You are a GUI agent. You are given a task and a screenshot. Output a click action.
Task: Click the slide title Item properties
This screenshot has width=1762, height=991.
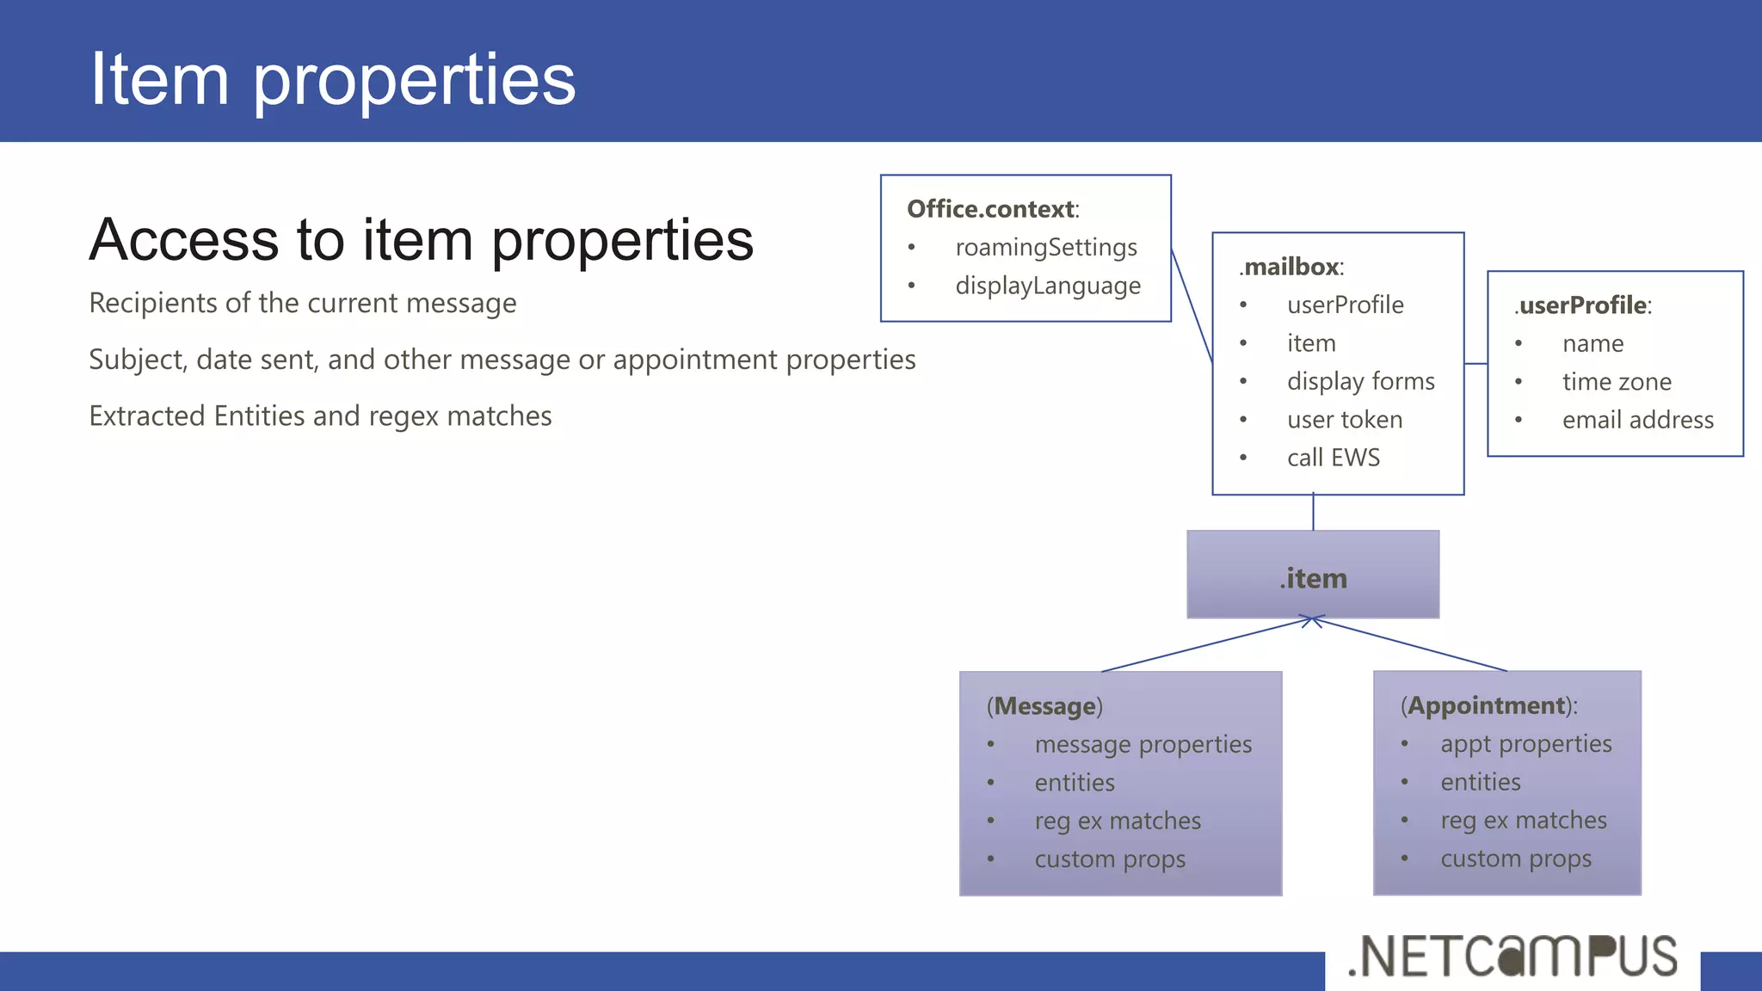(333, 79)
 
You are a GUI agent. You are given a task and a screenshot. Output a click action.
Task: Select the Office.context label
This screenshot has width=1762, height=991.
(992, 209)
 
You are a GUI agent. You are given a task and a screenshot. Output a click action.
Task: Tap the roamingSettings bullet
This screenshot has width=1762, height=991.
(1045, 248)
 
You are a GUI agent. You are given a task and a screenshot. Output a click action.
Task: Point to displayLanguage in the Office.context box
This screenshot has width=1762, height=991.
(1047, 286)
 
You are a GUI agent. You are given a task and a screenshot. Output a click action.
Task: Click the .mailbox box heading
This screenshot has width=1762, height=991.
(1291, 267)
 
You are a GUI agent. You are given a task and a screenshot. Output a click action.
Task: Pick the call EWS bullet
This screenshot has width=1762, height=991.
(1333, 458)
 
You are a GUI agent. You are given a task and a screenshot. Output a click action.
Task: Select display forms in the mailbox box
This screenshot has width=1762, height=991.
(1360, 381)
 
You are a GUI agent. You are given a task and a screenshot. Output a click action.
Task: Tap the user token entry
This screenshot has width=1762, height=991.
(1344, 420)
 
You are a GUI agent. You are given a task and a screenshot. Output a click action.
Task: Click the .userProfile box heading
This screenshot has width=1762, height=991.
(1582, 305)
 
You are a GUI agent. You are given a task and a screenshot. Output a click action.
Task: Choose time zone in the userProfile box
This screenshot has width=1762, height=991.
(1616, 382)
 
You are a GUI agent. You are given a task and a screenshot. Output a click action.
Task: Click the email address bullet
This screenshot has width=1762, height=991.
(1637, 420)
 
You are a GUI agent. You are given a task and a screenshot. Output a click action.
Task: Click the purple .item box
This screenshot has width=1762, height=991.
(1312, 576)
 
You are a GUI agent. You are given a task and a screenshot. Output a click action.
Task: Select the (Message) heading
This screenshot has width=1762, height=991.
(1044, 706)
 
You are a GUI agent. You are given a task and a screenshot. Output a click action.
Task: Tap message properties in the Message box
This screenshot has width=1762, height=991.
(1143, 744)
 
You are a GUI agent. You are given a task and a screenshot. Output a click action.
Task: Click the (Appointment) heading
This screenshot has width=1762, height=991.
(1488, 705)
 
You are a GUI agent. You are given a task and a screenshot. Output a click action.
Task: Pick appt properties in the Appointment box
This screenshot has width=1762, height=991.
(1525, 744)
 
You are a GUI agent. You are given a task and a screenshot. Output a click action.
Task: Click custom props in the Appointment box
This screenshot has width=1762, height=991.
(1515, 859)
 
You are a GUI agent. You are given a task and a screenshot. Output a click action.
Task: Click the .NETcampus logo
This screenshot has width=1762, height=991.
(1512, 957)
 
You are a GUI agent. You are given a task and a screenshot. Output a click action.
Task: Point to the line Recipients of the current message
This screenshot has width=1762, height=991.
(303, 304)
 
